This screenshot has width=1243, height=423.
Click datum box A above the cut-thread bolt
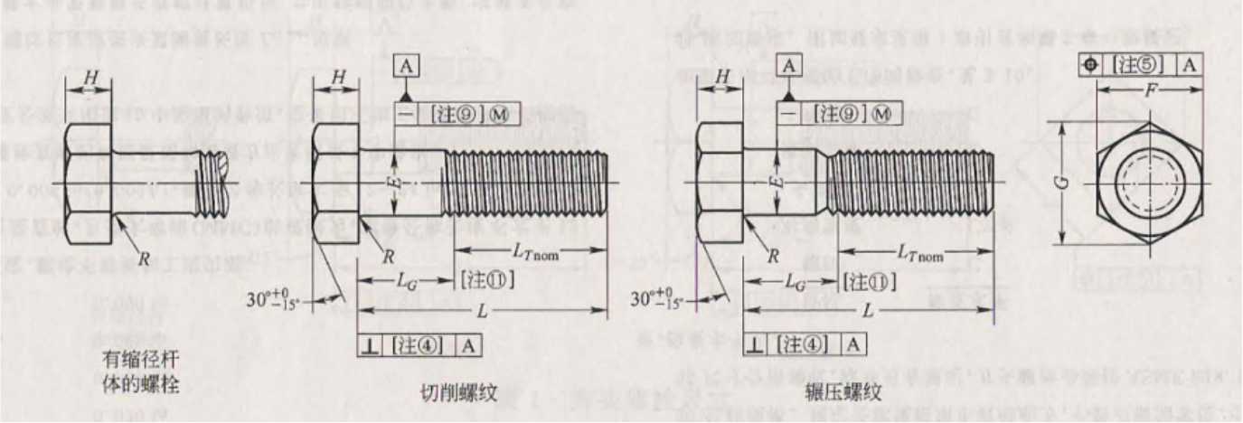[407, 65]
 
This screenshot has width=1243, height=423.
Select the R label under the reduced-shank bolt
[143, 258]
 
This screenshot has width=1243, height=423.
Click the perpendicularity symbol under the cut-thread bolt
[372, 343]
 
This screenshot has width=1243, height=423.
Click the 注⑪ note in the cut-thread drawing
[487, 281]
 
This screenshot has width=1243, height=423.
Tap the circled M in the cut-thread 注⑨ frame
[508, 114]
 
